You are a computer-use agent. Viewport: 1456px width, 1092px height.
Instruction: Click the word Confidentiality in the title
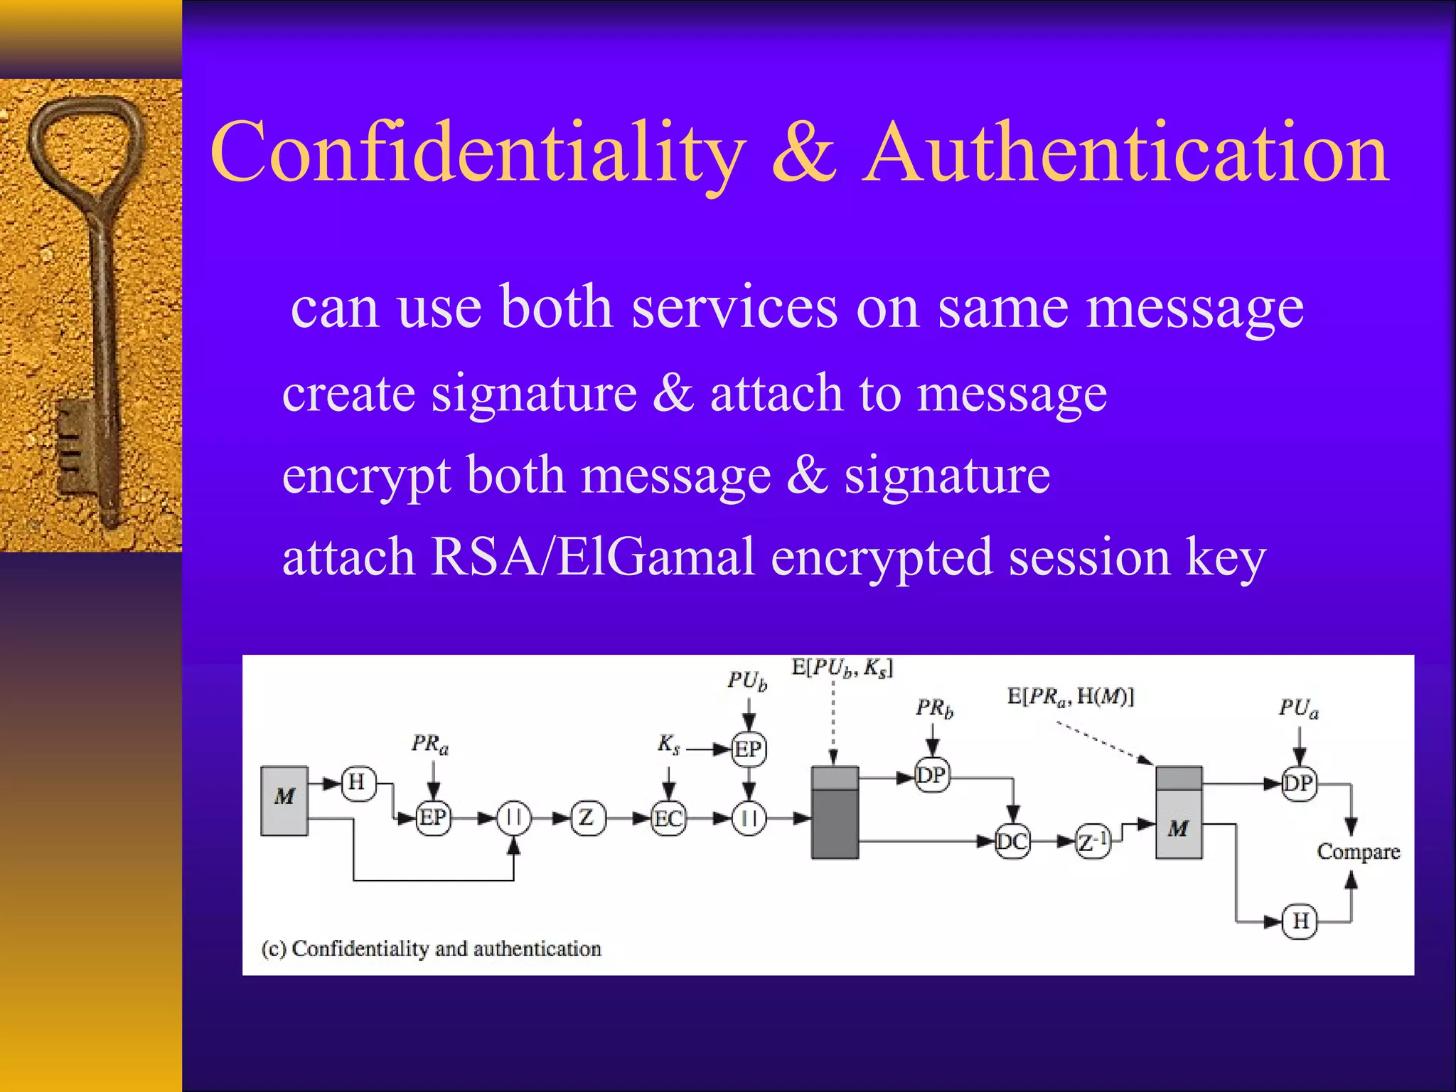click(x=478, y=153)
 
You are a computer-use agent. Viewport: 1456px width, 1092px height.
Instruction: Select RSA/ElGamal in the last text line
click(x=592, y=557)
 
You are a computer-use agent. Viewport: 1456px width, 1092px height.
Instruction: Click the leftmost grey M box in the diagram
click(x=284, y=800)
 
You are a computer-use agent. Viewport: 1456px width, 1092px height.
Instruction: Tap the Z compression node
click(x=587, y=818)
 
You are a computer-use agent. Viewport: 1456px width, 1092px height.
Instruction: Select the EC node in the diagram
click(x=668, y=819)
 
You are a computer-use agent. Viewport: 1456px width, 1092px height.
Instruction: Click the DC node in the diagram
click(x=1012, y=842)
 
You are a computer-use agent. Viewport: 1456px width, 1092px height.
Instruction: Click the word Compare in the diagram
click(x=1358, y=852)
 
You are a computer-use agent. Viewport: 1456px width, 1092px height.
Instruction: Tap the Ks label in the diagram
click(x=669, y=745)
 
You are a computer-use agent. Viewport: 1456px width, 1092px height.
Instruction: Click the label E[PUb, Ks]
click(x=842, y=668)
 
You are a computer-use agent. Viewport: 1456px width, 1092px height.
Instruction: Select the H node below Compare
click(x=1300, y=921)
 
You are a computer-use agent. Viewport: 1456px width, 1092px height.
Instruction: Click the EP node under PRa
click(x=433, y=818)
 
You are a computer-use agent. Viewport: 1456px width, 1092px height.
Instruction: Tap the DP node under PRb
click(x=932, y=776)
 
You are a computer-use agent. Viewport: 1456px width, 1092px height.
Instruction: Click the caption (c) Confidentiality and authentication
click(x=432, y=949)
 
